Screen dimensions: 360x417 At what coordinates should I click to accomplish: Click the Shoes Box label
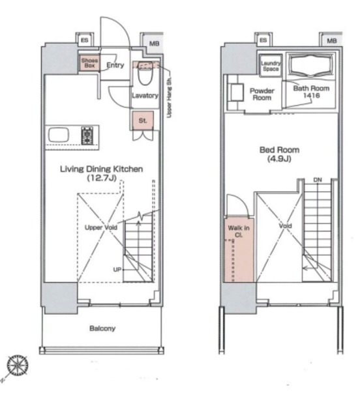[x=89, y=63]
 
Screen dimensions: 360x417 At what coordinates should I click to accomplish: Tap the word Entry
[x=115, y=65]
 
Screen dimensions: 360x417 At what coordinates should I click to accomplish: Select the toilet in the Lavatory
[x=145, y=73]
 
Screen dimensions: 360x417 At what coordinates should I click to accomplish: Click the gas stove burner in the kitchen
[x=87, y=136]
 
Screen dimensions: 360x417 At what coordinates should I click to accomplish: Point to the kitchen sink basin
[x=58, y=135]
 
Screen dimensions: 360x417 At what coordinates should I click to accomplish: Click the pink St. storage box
[x=143, y=121]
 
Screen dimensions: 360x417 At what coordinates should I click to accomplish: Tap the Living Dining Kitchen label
[x=102, y=169]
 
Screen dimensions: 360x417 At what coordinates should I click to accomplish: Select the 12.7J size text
[x=102, y=178]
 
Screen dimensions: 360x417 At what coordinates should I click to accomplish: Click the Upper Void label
[x=101, y=227]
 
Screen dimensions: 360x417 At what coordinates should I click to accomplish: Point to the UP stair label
[x=117, y=269]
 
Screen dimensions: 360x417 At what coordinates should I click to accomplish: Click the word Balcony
[x=102, y=328]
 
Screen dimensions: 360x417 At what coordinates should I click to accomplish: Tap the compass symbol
[x=18, y=365]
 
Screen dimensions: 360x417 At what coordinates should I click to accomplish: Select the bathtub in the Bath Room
[x=312, y=65]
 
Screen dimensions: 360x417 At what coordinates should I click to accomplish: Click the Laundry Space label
[x=271, y=66]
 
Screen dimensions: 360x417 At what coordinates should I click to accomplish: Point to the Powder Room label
[x=262, y=94]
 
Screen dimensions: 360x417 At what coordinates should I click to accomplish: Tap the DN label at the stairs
[x=318, y=180]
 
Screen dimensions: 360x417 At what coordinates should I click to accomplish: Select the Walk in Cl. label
[x=239, y=231]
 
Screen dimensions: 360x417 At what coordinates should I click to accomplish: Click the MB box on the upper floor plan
[x=332, y=40]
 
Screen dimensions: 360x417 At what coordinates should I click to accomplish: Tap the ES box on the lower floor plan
[x=85, y=40]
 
